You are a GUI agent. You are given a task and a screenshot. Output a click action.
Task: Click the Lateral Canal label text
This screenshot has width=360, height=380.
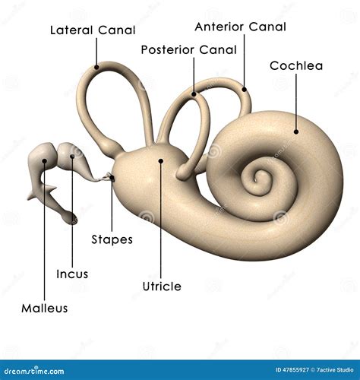click(93, 30)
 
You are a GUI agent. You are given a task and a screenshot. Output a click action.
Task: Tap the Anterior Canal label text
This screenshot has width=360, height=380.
click(241, 27)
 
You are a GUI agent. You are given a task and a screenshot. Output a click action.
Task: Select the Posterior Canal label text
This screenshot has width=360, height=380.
click(189, 50)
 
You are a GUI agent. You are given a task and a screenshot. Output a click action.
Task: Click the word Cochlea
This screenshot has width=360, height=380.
click(296, 66)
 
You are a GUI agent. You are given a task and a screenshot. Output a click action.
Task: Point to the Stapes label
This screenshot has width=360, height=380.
click(112, 239)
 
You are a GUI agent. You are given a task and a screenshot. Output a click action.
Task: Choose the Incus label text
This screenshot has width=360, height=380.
click(72, 274)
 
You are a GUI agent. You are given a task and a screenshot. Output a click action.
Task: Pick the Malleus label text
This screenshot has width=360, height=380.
click(45, 309)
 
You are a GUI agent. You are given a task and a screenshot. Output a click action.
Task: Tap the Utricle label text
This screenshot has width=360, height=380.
click(162, 287)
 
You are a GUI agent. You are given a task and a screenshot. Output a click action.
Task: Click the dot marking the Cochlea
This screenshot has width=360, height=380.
click(296, 131)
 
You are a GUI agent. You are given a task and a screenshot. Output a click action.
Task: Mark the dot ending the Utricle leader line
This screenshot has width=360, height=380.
click(161, 160)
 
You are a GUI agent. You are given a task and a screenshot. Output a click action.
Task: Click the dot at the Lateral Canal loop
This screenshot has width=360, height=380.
click(96, 67)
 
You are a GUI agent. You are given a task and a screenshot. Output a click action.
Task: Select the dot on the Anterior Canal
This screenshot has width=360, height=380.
click(245, 89)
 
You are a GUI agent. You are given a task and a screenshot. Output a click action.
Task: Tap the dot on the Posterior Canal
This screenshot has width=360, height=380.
click(194, 94)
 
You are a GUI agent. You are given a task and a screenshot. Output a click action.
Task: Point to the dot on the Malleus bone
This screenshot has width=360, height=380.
click(45, 160)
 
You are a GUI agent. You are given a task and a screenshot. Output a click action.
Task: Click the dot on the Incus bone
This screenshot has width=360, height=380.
click(72, 157)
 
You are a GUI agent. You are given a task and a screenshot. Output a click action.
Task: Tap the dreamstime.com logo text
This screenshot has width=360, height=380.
click(34, 371)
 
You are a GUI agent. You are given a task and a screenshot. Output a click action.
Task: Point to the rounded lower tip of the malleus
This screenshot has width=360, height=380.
click(71, 218)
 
